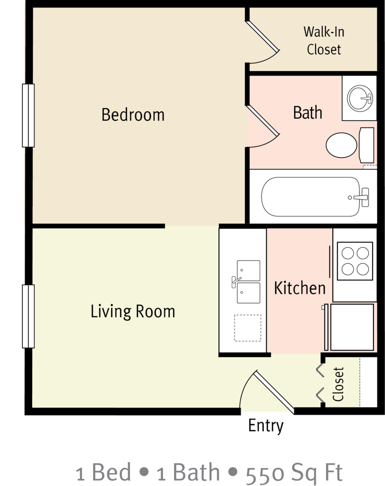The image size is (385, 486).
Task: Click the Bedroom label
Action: (x=133, y=115)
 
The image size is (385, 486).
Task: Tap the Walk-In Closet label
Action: (x=324, y=41)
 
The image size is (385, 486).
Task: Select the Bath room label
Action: (x=308, y=113)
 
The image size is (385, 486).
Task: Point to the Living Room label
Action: (x=133, y=312)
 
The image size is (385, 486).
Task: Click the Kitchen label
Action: (x=300, y=288)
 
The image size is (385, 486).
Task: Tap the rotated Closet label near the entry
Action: (x=338, y=384)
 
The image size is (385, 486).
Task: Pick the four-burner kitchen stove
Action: (x=354, y=261)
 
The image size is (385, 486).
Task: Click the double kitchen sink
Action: (x=248, y=282)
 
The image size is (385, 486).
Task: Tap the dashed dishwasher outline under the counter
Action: (x=247, y=327)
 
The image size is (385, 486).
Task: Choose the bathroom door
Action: (x=263, y=125)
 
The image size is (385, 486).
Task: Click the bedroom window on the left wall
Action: (x=29, y=115)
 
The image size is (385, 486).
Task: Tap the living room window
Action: (x=29, y=316)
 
